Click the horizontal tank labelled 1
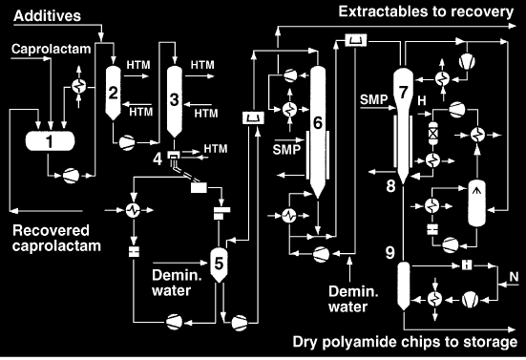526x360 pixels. (50, 141)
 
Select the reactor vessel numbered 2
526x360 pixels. (113, 93)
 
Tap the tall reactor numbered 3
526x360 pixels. (175, 101)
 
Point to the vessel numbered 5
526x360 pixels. (219, 265)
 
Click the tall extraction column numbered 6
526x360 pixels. (318, 132)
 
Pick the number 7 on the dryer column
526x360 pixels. (404, 93)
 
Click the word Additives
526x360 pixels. (48, 16)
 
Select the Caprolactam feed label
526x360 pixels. (51, 49)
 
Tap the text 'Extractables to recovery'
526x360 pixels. (426, 11)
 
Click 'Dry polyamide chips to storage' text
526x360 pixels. (405, 342)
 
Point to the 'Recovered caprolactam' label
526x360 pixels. (56, 238)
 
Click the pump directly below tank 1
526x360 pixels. (71, 176)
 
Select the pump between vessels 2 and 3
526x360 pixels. (127, 143)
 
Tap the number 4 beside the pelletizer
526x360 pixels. (158, 159)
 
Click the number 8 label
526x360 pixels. (390, 186)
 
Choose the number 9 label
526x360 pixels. (390, 253)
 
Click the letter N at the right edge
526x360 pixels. (514, 277)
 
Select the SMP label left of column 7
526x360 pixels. (373, 99)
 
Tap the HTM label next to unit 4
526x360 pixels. (216, 149)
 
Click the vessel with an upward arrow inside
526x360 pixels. (476, 203)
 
